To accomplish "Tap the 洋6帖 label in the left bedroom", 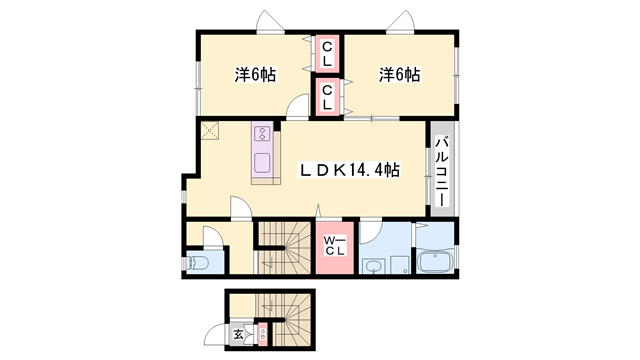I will (256, 74).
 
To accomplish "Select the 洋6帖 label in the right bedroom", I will (398, 74).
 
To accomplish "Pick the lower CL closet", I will (327, 97).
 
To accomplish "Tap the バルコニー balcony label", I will (441, 171).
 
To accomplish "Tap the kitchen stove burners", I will (262, 134).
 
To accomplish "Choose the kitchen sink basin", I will (263, 163).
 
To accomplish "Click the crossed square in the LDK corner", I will (210, 130).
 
